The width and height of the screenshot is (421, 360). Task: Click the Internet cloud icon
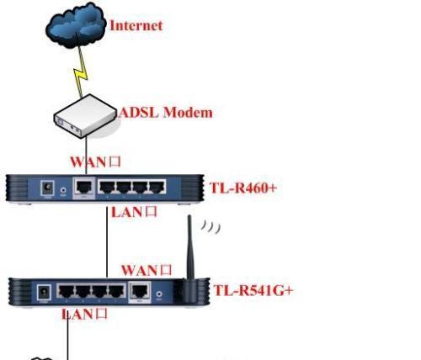click(x=76, y=24)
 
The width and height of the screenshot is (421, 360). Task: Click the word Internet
click(x=136, y=25)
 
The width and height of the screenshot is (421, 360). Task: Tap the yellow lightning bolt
click(x=81, y=72)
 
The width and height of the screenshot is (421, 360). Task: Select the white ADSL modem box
click(x=85, y=116)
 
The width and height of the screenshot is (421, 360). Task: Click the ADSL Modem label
click(x=166, y=113)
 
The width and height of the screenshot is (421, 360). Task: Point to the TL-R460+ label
click(x=243, y=188)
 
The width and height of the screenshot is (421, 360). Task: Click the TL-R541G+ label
click(x=253, y=290)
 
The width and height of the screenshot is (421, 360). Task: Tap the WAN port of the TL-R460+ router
click(x=84, y=187)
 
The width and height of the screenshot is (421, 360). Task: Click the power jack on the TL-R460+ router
click(x=47, y=188)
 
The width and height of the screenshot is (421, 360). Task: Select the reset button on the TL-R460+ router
click(x=64, y=190)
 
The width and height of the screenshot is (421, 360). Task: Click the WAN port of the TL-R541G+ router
click(x=140, y=291)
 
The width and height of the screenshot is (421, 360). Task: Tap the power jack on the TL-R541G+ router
click(x=44, y=293)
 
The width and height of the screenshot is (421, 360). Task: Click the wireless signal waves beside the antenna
click(x=210, y=226)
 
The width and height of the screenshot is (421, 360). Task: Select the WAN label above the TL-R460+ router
click(x=95, y=162)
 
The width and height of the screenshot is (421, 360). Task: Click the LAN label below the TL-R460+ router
click(x=134, y=212)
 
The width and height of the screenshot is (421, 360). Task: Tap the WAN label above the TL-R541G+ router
click(x=147, y=270)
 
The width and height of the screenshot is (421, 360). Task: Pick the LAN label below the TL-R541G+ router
click(x=84, y=314)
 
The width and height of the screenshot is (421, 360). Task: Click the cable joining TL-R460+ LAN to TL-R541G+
click(x=107, y=242)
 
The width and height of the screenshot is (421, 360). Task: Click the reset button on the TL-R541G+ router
click(x=159, y=294)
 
